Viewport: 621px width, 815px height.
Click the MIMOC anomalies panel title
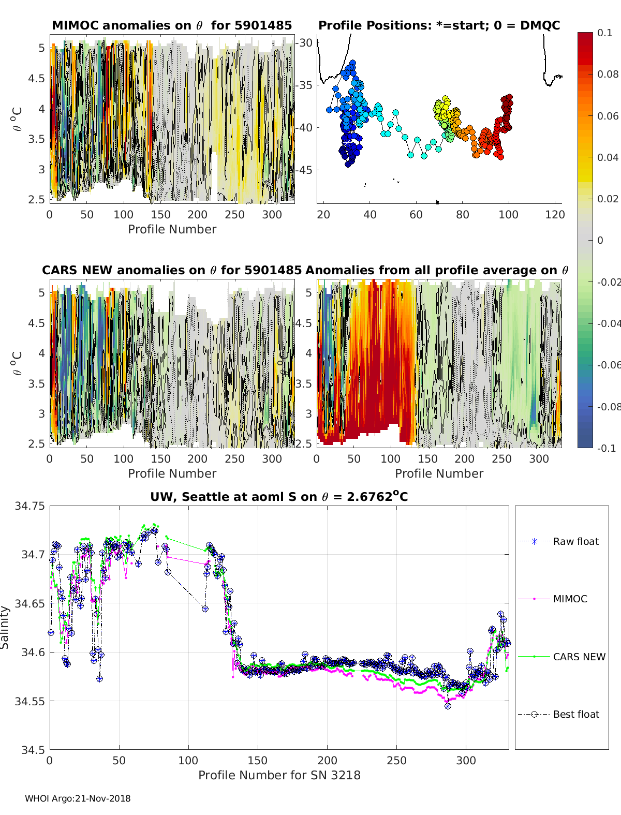(172, 25)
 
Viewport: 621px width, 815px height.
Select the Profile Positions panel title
(439, 25)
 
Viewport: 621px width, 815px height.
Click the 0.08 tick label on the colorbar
(608, 74)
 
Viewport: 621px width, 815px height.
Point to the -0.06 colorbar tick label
(608, 365)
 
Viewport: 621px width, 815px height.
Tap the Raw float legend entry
(575, 541)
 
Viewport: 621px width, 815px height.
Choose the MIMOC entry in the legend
(570, 599)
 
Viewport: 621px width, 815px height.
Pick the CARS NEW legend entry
(579, 657)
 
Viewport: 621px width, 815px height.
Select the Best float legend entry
(575, 714)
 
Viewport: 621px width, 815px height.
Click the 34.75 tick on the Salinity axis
(29, 506)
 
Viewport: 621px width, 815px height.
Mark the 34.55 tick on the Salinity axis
(29, 701)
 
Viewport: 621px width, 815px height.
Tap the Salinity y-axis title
(5, 627)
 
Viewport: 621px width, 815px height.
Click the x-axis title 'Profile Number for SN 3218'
(279, 775)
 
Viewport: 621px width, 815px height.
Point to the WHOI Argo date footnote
(78, 798)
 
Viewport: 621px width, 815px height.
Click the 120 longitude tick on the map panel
(554, 215)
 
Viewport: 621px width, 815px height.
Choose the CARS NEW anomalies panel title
(171, 270)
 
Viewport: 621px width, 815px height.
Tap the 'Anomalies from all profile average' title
(437, 270)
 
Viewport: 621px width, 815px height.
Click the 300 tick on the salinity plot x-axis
(466, 760)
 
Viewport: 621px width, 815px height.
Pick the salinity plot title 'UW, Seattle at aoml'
(279, 497)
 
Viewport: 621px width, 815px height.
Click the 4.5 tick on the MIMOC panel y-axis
(36, 79)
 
